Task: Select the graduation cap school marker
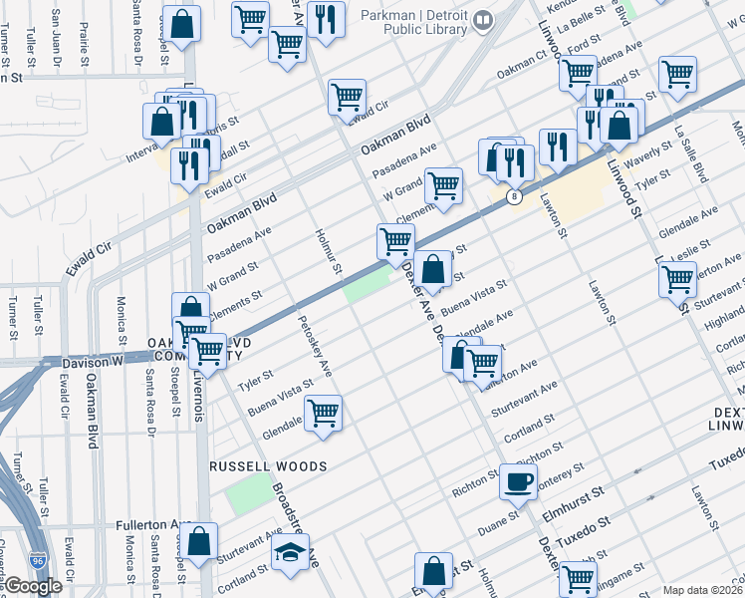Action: click(290, 553)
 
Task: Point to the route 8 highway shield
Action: click(514, 197)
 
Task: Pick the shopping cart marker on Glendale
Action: click(323, 413)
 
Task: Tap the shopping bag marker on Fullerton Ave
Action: click(200, 542)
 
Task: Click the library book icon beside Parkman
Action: click(483, 20)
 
